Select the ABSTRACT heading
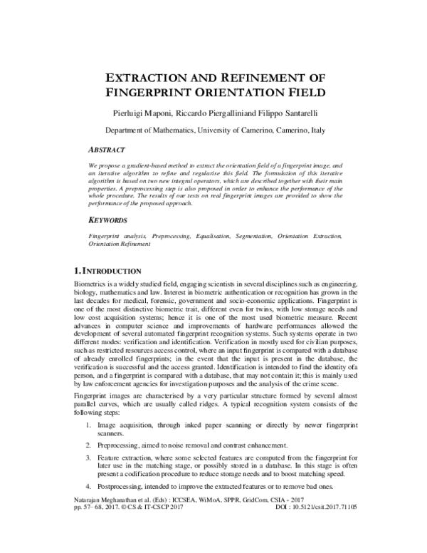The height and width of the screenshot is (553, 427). click(x=107, y=150)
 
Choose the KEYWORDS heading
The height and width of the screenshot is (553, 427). click(x=108, y=221)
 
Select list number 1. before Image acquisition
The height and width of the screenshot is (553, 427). click(x=86, y=424)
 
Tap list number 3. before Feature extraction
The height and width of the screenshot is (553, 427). click(x=86, y=459)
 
